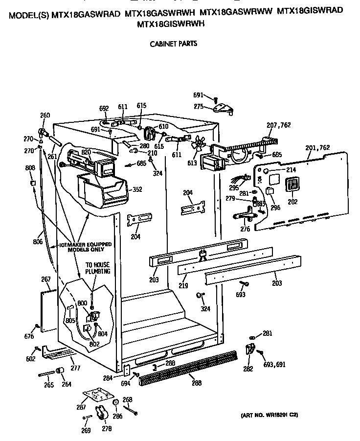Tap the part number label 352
138,189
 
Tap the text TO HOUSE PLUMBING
98,268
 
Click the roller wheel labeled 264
62,373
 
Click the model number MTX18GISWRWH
171,23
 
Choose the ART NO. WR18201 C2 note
269,415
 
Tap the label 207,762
278,126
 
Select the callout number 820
87,152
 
